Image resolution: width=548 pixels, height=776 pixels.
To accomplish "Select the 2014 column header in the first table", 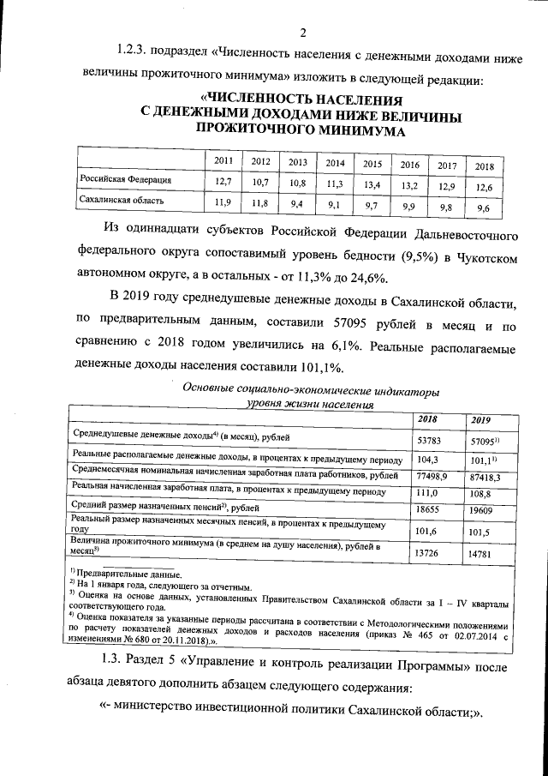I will pyautogui.click(x=335, y=162).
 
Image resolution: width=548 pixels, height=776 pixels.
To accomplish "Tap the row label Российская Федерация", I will pyautogui.click(x=125, y=181).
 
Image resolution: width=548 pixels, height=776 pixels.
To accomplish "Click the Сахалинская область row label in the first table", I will pyautogui.click(x=122, y=202).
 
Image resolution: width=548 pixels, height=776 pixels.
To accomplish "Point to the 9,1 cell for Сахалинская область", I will pyautogui.click(x=335, y=205).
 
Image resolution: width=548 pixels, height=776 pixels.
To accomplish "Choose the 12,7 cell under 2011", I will pyautogui.click(x=223, y=181).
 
